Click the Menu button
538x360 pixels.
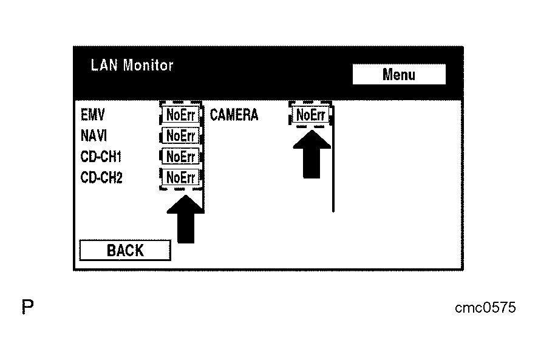[x=398, y=75]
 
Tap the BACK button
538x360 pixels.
[x=125, y=250]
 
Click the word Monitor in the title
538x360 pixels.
[x=148, y=66]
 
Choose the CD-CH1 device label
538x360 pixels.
[x=101, y=157]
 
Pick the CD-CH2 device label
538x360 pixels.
[x=101, y=178]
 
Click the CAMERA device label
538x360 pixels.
[x=234, y=115]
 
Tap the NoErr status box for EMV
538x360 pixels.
[x=180, y=115]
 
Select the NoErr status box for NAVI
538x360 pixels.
[x=180, y=136]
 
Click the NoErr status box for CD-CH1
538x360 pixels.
[x=180, y=157]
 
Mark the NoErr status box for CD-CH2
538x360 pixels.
[x=180, y=178]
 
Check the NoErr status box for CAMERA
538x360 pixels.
[x=310, y=115]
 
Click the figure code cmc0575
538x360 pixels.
[x=485, y=308]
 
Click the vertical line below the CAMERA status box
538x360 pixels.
[x=333, y=182]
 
